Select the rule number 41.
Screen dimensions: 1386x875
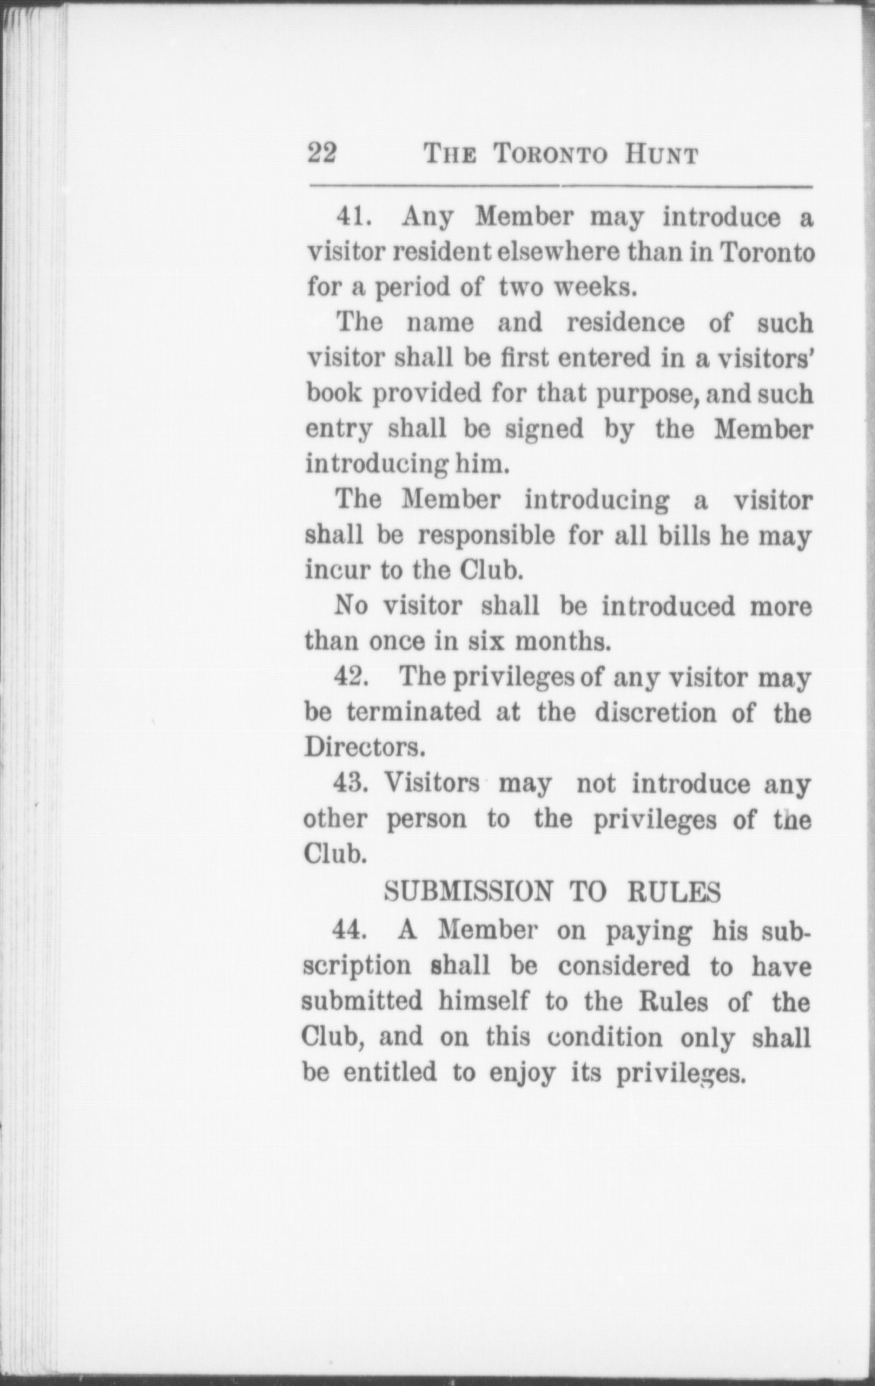(352, 217)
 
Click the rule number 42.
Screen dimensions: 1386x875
(352, 677)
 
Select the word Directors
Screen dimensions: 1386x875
(363, 748)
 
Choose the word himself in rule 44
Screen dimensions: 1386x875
(483, 1002)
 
